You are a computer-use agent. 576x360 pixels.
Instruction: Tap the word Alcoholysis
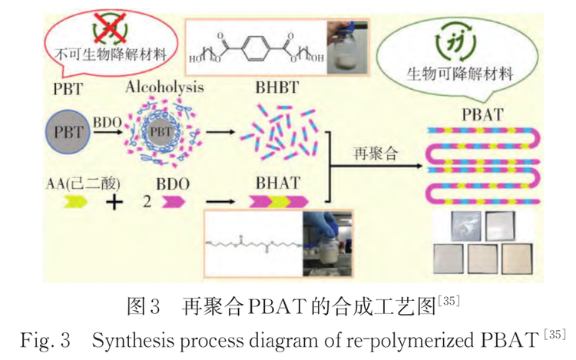[164, 86]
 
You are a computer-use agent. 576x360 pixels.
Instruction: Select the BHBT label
[277, 86]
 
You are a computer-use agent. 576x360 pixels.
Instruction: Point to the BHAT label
[278, 182]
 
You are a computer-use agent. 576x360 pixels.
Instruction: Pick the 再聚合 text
[376, 153]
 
